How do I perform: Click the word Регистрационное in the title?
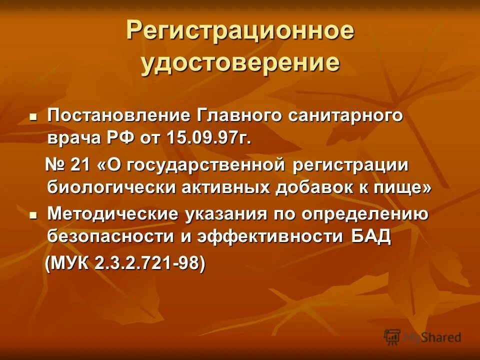tap(240, 31)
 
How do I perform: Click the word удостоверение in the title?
tap(240, 63)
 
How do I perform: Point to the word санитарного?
tap(345, 115)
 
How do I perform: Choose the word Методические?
tap(112, 214)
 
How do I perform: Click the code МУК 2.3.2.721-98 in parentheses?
tap(125, 263)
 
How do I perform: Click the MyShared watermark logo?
tap(422, 337)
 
